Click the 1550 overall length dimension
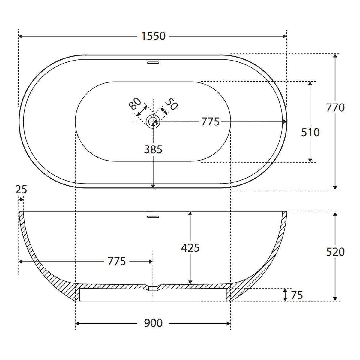click(153, 36)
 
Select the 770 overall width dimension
click(335, 108)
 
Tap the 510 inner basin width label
click(310, 132)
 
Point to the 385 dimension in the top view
click(153, 149)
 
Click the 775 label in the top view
click(210, 122)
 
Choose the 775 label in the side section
click(117, 262)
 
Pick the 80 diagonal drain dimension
click(135, 103)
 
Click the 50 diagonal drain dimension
click(171, 104)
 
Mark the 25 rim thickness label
click(21, 190)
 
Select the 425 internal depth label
click(190, 248)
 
